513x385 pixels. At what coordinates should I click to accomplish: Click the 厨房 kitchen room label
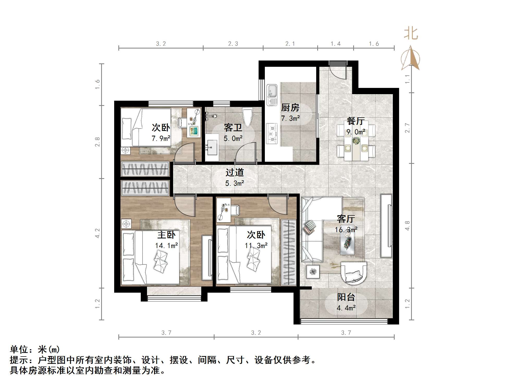290,107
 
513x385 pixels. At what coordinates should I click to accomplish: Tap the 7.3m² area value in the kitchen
290,118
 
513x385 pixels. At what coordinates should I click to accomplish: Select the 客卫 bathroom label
233,128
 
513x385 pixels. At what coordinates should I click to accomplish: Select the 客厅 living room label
346,219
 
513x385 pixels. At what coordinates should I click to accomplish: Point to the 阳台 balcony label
346,297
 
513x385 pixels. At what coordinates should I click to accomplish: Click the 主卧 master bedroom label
166,235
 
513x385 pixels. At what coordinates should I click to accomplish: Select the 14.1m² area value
166,245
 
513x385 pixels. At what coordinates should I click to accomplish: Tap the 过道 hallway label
235,172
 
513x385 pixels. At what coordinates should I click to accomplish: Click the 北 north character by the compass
411,34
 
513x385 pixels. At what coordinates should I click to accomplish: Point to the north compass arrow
411,59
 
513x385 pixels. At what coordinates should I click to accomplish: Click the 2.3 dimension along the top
233,44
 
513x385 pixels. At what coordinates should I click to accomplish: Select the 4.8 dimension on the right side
407,226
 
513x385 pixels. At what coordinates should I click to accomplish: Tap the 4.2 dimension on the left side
97,233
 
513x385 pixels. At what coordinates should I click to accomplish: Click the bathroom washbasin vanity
212,148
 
